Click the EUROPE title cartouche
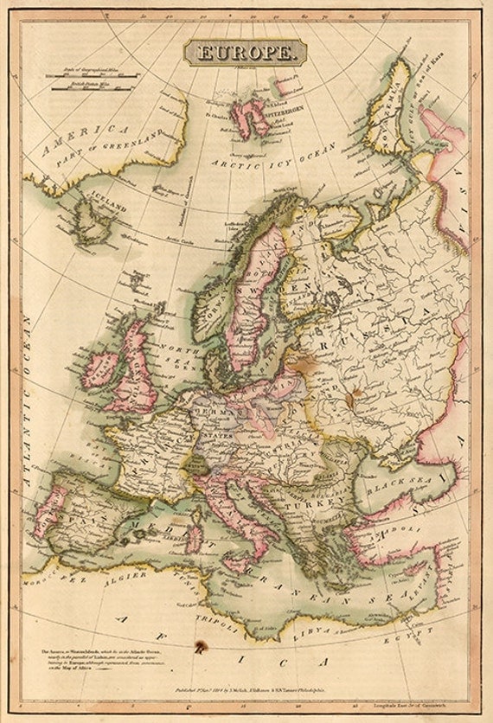coord(246,53)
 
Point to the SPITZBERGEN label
coord(270,113)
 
